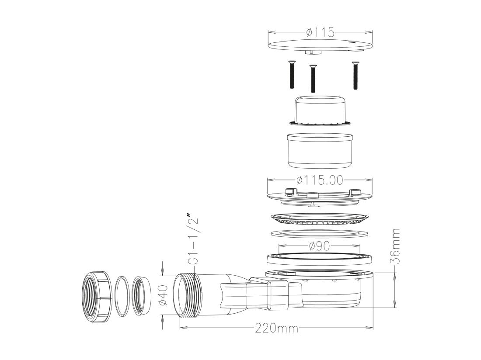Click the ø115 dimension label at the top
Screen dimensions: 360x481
[320, 32]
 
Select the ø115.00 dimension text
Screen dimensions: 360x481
[320, 180]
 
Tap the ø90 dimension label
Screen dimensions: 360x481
[319, 246]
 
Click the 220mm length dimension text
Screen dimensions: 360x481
[276, 328]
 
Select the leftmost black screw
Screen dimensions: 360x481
[292, 75]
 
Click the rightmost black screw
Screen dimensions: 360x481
[356, 75]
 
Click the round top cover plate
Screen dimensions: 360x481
[320, 45]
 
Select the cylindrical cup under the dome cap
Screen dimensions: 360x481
[320, 150]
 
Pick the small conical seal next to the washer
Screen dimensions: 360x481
[142, 295]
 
